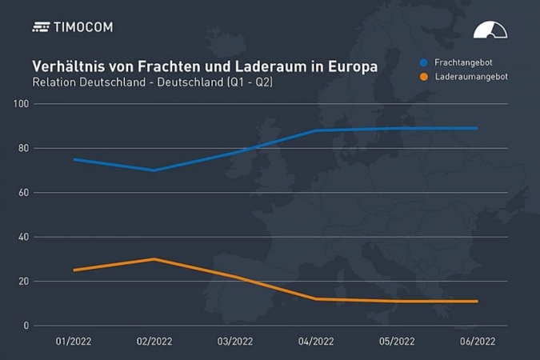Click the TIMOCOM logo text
click(83, 27)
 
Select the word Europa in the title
click(352, 66)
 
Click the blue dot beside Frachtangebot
click(423, 61)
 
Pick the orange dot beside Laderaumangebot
click(423, 77)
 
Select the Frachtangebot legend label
click(461, 61)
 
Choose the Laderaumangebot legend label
click(471, 77)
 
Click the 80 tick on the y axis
click(23, 148)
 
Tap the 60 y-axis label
click(23, 193)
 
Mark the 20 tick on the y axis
click(23, 282)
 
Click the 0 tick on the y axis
click(26, 326)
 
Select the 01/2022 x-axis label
click(73, 341)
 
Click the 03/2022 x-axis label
click(235, 341)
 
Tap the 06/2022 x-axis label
click(478, 341)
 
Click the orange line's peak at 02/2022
click(154, 259)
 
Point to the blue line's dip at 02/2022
click(154, 170)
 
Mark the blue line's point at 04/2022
click(316, 130)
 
